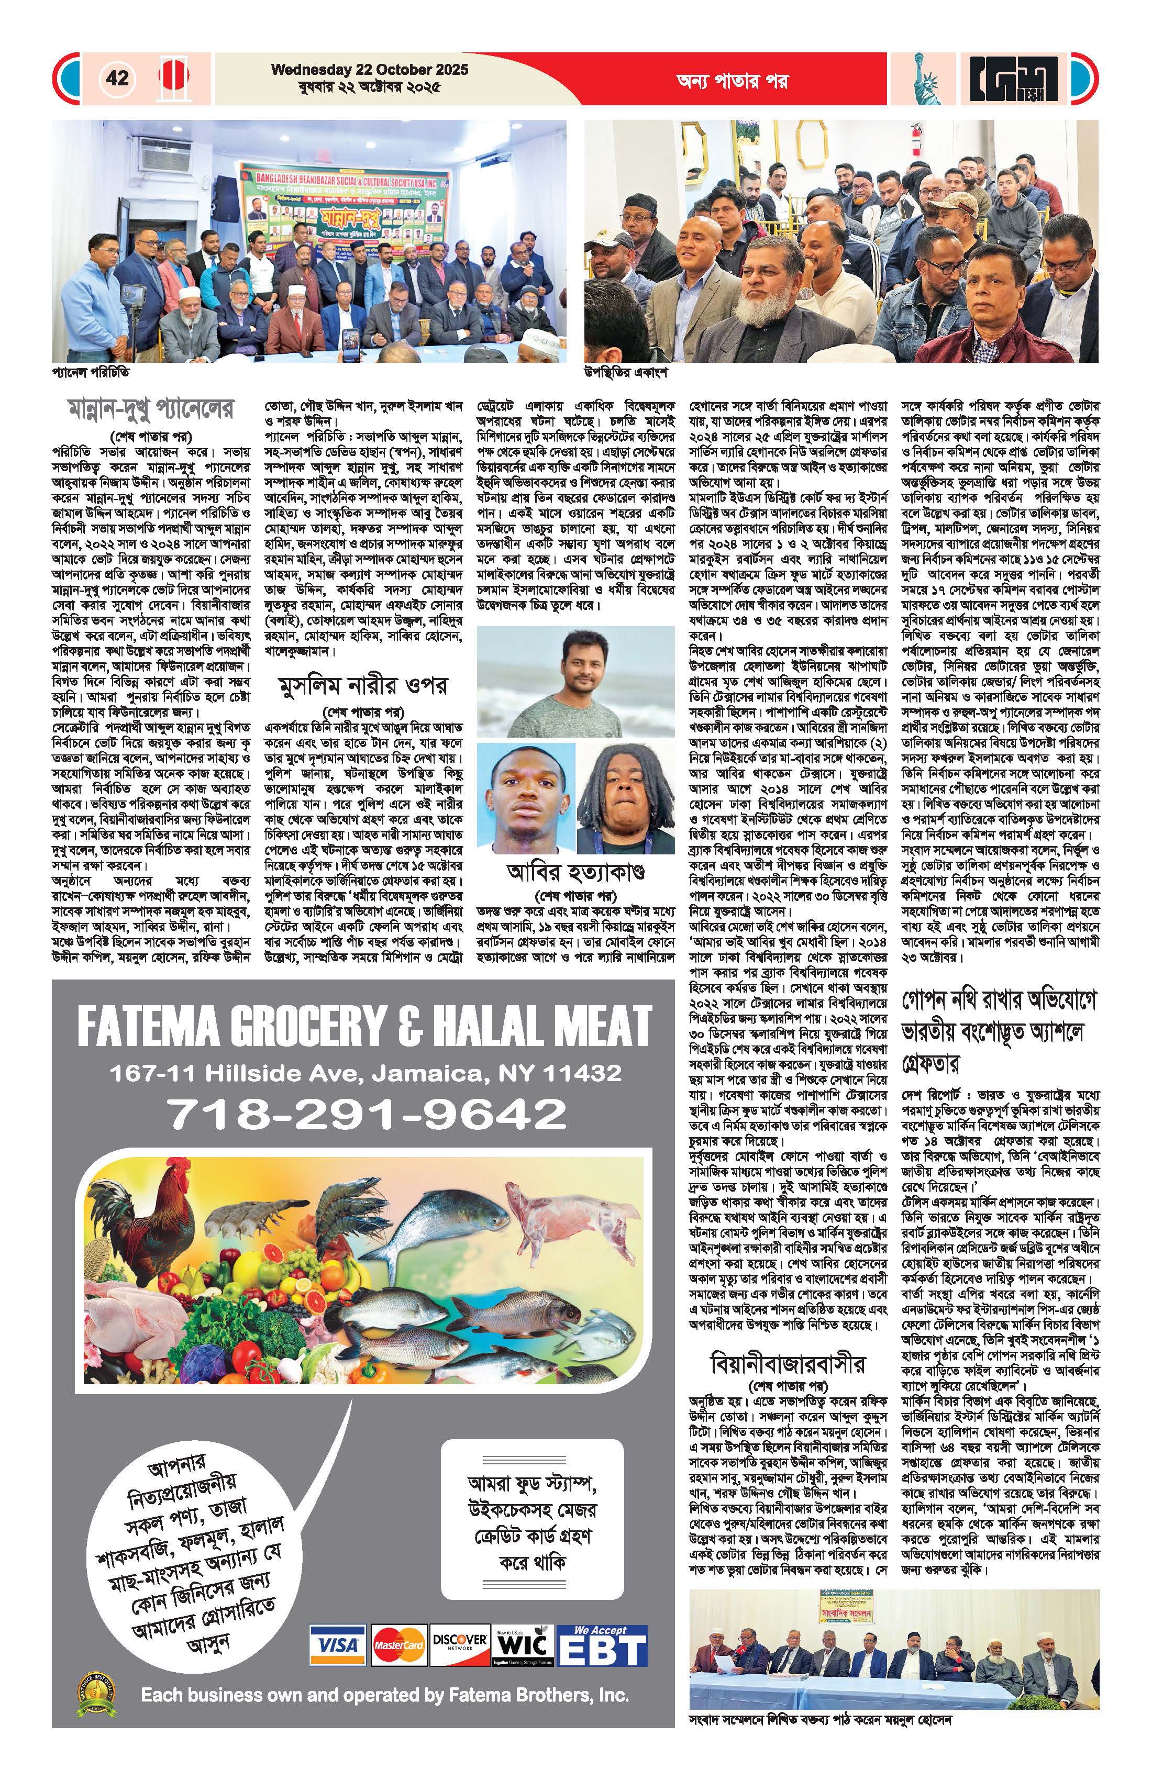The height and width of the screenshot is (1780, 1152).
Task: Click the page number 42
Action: click(x=117, y=78)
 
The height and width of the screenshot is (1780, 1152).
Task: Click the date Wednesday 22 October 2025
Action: click(x=370, y=70)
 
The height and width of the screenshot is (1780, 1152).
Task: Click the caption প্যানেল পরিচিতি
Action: click(x=85, y=372)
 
